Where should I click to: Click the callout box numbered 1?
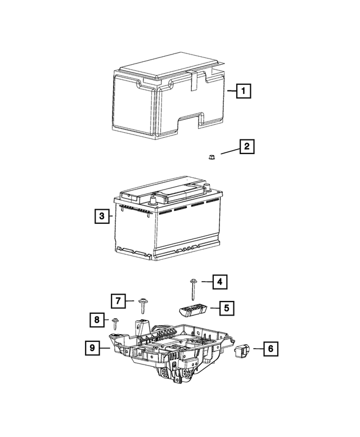(x=243, y=91)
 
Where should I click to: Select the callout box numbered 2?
(x=246, y=147)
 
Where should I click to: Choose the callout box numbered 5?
(x=227, y=308)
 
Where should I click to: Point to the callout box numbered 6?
(x=270, y=349)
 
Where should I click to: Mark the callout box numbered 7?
(x=117, y=301)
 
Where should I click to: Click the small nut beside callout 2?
(x=209, y=156)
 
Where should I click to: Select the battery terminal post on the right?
(x=207, y=187)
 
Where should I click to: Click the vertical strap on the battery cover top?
(x=194, y=79)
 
